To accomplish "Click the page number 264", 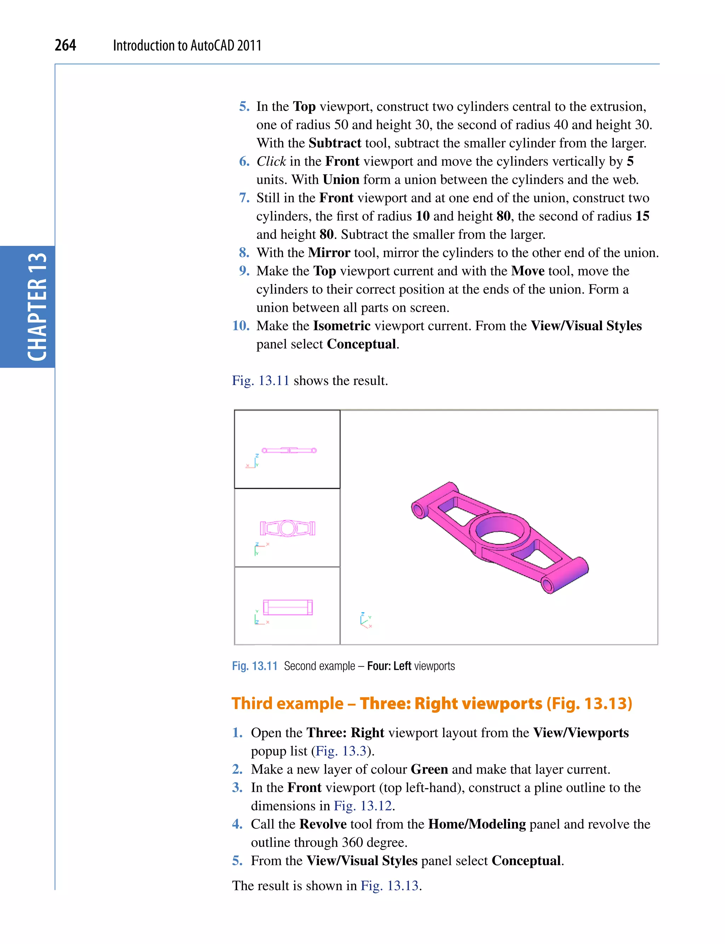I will point(65,45).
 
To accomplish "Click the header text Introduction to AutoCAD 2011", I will point(187,45).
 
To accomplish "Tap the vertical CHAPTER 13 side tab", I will point(37,307).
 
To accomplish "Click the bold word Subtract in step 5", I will point(335,143).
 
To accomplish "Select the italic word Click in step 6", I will point(271,161).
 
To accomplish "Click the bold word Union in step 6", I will point(341,179).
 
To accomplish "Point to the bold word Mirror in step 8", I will point(329,253).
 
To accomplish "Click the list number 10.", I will point(241,326).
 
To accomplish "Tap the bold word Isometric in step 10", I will point(342,326).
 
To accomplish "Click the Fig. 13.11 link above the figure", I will point(260,380).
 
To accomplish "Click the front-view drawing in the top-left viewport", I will point(289,451).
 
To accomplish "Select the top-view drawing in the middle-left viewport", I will point(287,528).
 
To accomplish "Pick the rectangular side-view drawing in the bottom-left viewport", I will point(288,607).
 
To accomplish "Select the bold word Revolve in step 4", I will point(323,824).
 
